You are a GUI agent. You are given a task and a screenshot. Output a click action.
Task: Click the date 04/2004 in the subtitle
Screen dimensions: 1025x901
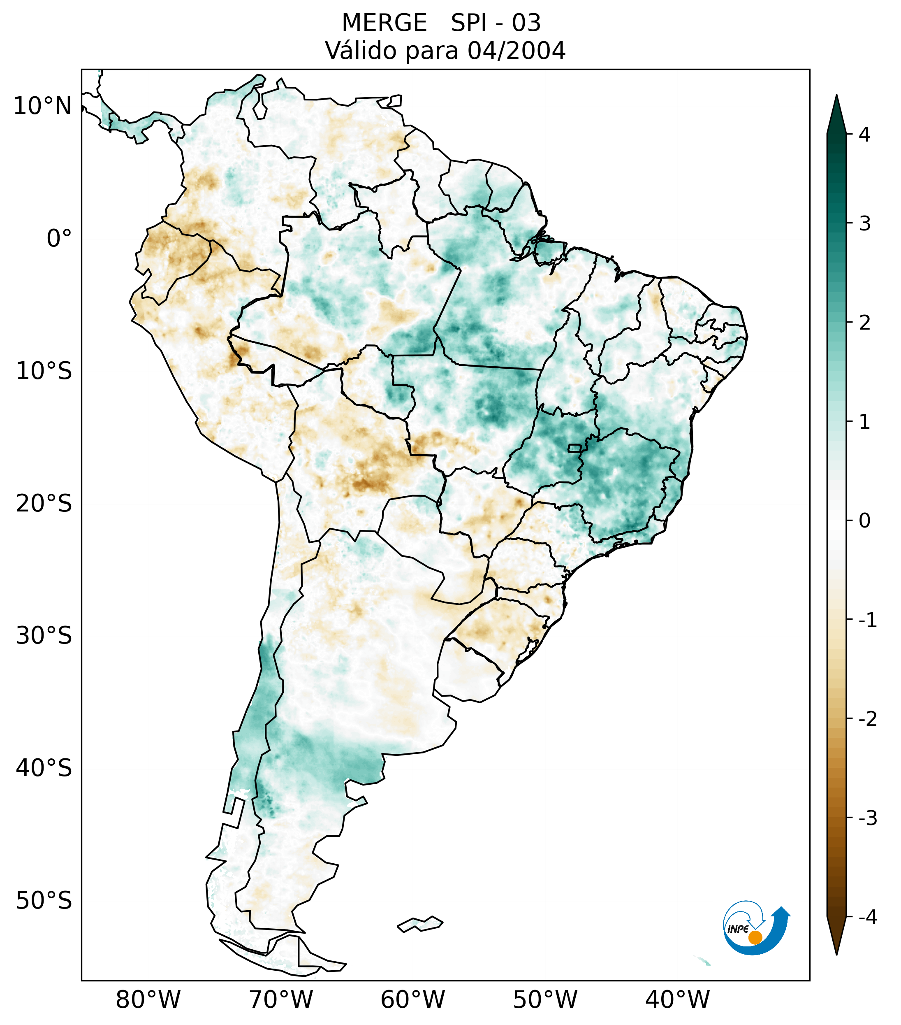point(516,51)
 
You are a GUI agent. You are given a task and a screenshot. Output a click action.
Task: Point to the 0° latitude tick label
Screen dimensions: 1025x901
point(59,238)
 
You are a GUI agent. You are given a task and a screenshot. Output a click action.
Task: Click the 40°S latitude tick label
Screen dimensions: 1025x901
point(44,768)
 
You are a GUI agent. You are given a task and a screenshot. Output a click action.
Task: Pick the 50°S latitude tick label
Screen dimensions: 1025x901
point(44,901)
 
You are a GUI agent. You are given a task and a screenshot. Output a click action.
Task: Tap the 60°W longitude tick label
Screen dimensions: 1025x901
point(412,999)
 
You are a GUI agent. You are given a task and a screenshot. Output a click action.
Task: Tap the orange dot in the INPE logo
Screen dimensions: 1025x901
point(755,937)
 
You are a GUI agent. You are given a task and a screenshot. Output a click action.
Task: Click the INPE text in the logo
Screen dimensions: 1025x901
point(738,929)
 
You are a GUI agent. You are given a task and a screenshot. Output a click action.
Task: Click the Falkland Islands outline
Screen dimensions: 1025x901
point(420,924)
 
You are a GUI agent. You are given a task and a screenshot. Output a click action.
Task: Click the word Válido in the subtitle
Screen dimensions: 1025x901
point(361,51)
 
